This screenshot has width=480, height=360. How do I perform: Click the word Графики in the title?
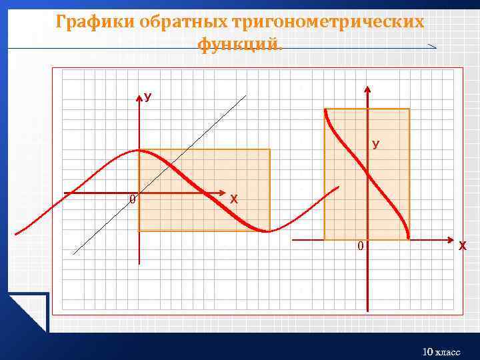(x=95, y=22)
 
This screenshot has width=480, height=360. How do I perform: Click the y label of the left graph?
(x=148, y=98)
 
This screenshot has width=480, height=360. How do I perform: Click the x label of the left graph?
(x=233, y=199)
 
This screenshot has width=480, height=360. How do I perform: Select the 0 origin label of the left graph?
(x=132, y=199)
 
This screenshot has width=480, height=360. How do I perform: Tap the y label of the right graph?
(x=376, y=144)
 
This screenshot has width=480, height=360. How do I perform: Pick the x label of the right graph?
(x=462, y=246)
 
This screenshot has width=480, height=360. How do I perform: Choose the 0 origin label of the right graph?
(x=360, y=247)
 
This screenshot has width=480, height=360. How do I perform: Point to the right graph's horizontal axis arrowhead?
(x=448, y=239)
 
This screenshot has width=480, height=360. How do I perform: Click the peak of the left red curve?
(x=139, y=151)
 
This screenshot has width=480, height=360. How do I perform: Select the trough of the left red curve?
(x=267, y=231)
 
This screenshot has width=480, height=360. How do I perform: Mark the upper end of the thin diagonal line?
(x=245, y=96)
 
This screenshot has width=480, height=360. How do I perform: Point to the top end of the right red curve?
(x=325, y=110)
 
